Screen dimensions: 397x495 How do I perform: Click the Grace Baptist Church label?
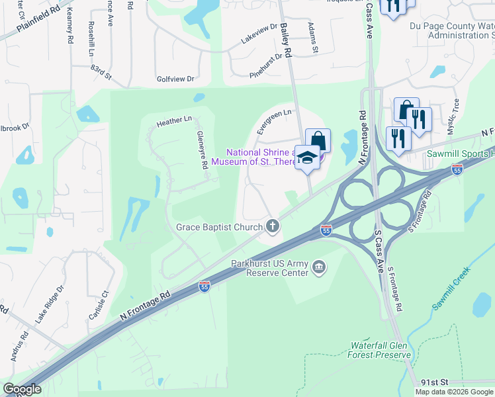pyautogui.click(x=219, y=228)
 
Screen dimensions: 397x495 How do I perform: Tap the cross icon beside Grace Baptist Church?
pyautogui.click(x=272, y=227)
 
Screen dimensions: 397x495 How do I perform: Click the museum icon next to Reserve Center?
pyautogui.click(x=319, y=267)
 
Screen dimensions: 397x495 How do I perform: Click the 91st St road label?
pyautogui.click(x=435, y=382)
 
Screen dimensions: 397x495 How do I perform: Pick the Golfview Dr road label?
pyautogui.click(x=175, y=79)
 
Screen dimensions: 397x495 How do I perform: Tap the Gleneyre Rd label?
pyautogui.click(x=202, y=149)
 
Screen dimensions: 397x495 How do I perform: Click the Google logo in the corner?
pyautogui.click(x=22, y=389)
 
